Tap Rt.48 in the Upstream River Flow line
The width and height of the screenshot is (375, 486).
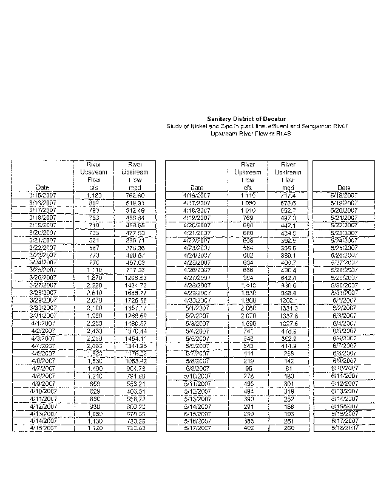pos(265,133)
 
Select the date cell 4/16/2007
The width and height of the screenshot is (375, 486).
pos(196,196)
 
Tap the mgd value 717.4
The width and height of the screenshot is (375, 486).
pos(288,196)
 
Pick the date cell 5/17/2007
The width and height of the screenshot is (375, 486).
pos(196,428)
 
